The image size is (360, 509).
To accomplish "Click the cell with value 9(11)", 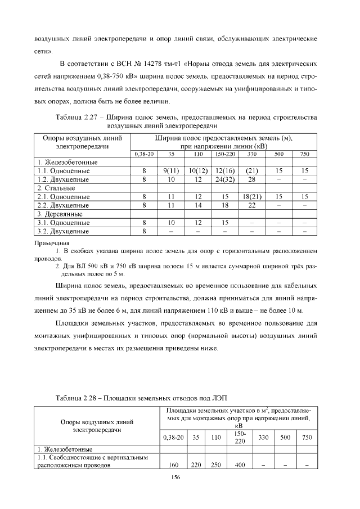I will [171, 170].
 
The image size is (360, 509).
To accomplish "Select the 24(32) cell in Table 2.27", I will [224, 179].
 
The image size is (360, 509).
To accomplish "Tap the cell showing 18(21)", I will [252, 196].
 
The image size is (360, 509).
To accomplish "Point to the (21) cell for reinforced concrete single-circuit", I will [252, 170].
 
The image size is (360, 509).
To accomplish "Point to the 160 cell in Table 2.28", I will [173, 465].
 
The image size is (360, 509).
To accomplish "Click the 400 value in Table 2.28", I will [238, 465].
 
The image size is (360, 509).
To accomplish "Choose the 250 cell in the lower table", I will [215, 465].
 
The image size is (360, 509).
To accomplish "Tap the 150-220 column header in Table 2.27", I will [224, 153].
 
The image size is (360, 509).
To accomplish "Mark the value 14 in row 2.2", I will [198, 205].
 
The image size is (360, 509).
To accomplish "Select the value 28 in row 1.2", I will [252, 179].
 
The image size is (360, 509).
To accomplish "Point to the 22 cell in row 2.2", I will [252, 205].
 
